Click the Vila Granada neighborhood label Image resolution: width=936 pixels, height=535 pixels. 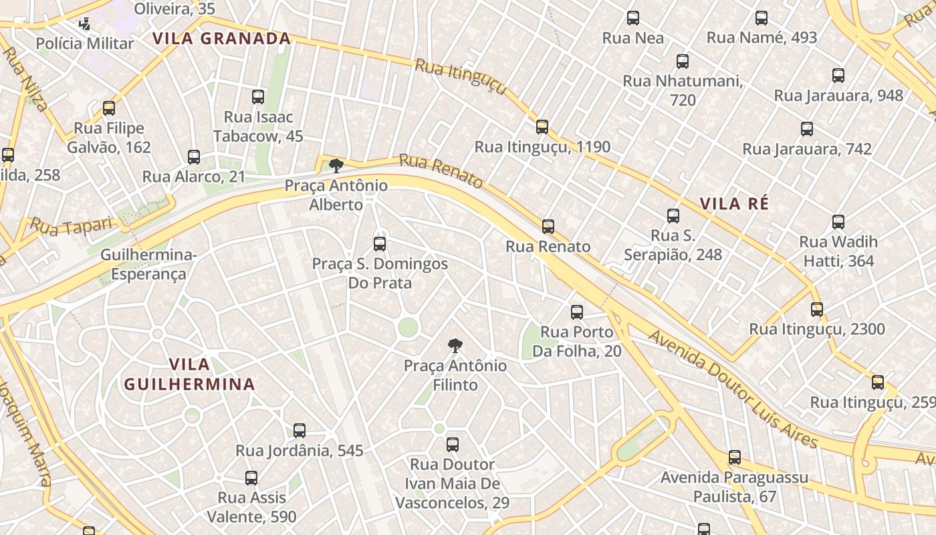[x=221, y=39]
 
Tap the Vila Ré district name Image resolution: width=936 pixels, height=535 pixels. [x=735, y=204]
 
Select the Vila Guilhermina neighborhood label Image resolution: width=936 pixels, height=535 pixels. [x=189, y=374]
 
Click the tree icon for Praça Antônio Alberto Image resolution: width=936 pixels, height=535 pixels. [x=336, y=165]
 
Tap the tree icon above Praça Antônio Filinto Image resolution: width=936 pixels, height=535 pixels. [x=455, y=346]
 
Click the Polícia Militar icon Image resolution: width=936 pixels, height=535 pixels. [x=84, y=25]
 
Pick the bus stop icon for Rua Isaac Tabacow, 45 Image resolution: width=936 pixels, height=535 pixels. [x=258, y=97]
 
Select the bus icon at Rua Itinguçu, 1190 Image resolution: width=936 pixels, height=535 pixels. [x=542, y=126]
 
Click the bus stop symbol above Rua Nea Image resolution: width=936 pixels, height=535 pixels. [x=632, y=18]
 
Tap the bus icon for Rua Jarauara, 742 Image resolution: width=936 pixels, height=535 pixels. [x=807, y=129]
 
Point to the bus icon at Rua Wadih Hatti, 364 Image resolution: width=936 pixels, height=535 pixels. [x=838, y=222]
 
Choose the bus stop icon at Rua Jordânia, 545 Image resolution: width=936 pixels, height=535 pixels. [x=300, y=431]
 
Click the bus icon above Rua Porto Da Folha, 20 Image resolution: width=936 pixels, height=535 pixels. [x=576, y=312]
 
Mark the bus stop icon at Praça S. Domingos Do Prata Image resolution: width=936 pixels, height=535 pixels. [x=380, y=244]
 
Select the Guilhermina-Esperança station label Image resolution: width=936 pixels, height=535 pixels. [x=148, y=265]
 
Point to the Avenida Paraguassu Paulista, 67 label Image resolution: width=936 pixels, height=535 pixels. [x=734, y=487]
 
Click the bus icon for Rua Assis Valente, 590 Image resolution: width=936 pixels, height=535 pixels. [x=251, y=478]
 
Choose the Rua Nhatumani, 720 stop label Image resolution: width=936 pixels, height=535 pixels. [x=683, y=90]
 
